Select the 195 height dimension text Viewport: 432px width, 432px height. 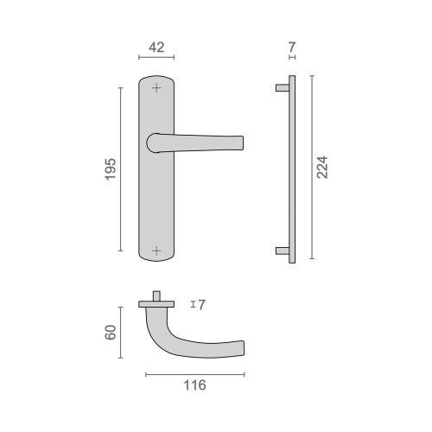[110, 168]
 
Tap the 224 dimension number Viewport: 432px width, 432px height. [323, 167]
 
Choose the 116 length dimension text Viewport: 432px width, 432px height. [195, 385]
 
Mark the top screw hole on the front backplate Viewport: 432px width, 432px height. [156, 87]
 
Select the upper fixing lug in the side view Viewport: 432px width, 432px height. [282, 87]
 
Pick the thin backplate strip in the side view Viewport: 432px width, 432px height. [293, 168]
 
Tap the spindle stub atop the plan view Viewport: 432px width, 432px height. [156, 295]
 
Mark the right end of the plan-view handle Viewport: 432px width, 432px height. [238, 347]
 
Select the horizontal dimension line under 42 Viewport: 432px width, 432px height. [156, 58]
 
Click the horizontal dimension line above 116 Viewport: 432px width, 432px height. [195, 373]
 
